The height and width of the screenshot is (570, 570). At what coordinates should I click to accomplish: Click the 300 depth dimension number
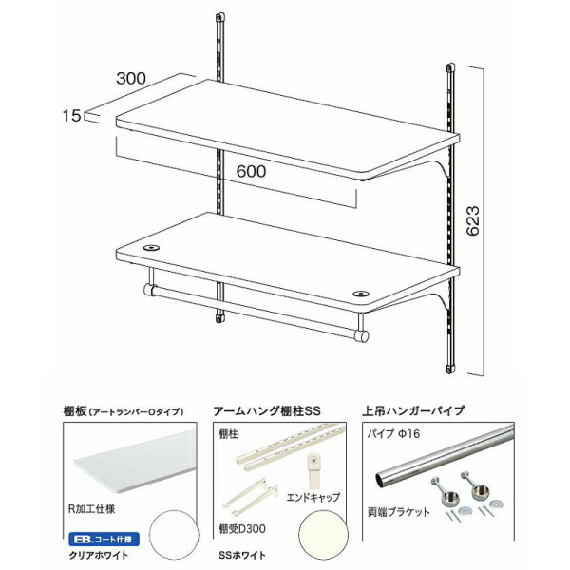pyautogui.click(x=131, y=78)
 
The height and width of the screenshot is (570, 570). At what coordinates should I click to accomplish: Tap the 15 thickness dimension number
pyautogui.click(x=71, y=116)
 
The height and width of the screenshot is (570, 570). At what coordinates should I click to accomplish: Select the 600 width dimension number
pyautogui.click(x=251, y=171)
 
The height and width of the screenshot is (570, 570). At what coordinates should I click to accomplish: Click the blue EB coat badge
pyautogui.click(x=104, y=540)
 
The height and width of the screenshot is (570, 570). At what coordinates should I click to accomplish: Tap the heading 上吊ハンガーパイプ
pyautogui.click(x=413, y=410)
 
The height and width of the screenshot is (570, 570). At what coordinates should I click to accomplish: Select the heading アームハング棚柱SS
pyautogui.click(x=267, y=411)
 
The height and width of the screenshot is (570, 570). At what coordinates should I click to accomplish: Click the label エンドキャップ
pyautogui.click(x=313, y=497)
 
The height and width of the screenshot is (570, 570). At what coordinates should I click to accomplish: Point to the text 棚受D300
pyautogui.click(x=241, y=529)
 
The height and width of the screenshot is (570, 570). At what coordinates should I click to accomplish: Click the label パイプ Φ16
pyautogui.click(x=393, y=434)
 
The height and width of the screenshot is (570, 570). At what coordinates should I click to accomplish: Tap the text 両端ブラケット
pyautogui.click(x=399, y=512)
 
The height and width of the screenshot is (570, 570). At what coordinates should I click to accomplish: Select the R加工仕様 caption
pyautogui.click(x=91, y=508)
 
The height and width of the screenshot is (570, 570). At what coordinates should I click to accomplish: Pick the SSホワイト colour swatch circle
pyautogui.click(x=323, y=537)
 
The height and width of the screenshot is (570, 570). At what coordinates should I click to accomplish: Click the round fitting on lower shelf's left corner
pyautogui.click(x=151, y=248)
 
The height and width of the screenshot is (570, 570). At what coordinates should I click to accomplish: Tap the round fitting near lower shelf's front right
pyautogui.click(x=359, y=293)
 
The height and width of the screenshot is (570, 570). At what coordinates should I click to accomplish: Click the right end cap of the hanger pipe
pyautogui.click(x=361, y=336)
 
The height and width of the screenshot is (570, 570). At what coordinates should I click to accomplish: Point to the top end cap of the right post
pyautogui.click(x=450, y=67)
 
